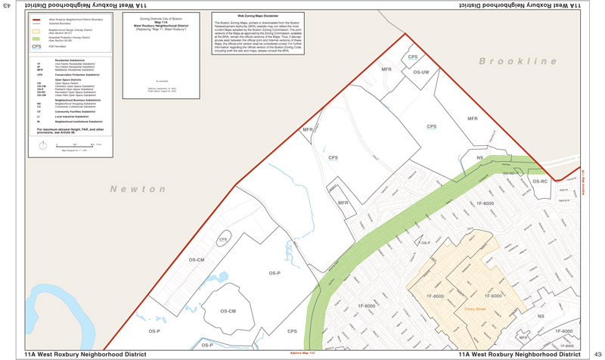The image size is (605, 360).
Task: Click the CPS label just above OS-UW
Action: (413, 57)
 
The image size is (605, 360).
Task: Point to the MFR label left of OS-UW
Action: (386, 70)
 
